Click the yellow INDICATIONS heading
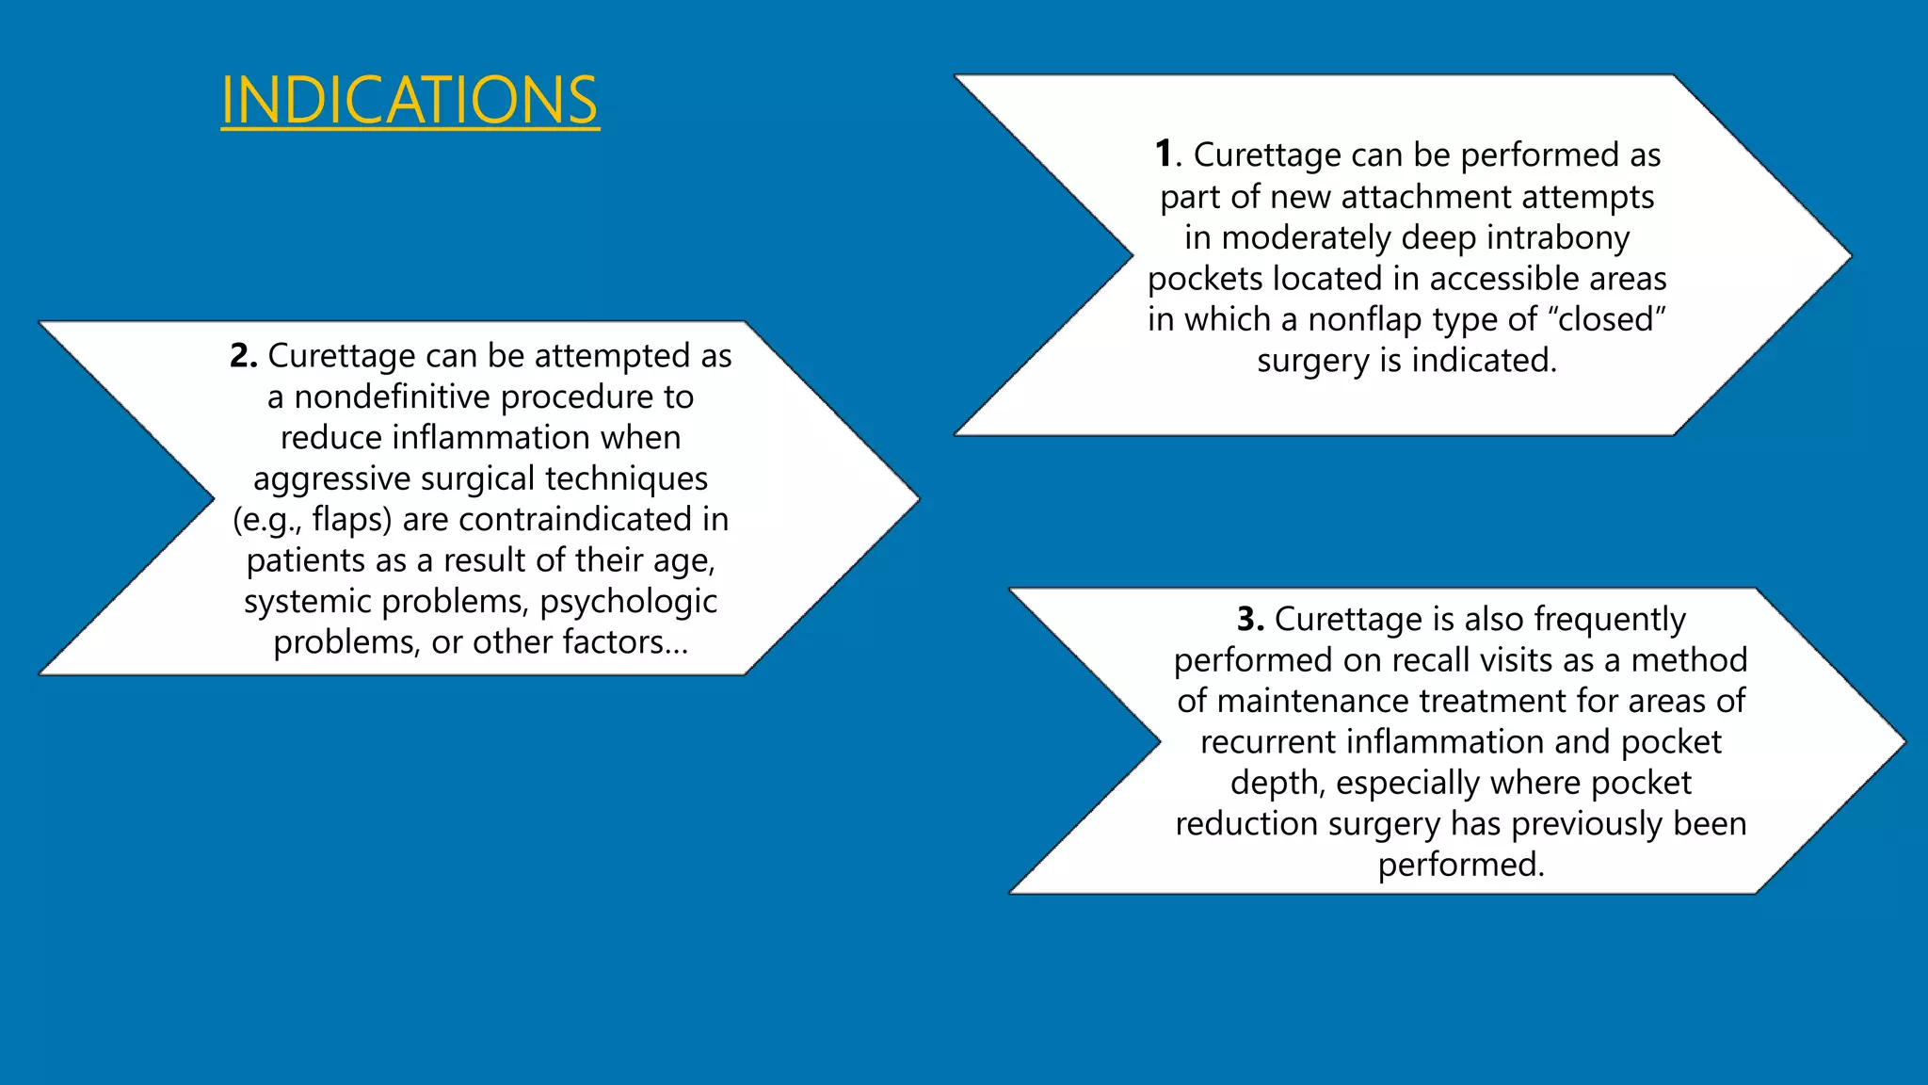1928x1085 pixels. pos(410,100)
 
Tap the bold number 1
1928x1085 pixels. pos(1165,154)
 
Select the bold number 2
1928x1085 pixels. pos(242,356)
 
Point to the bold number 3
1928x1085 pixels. pos(1249,619)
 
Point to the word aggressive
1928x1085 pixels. pos(331,479)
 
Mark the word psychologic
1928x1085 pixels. pos(628,601)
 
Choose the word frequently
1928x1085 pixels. pos(1610,620)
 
